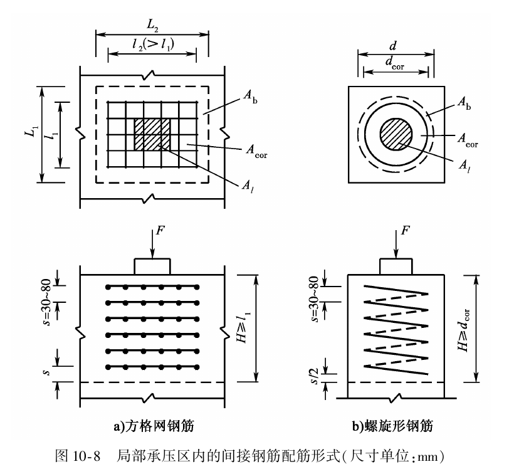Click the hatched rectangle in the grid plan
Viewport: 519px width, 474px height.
(152, 133)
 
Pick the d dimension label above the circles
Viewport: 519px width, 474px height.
(396, 46)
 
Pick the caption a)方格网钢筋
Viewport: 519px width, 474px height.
(153, 426)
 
